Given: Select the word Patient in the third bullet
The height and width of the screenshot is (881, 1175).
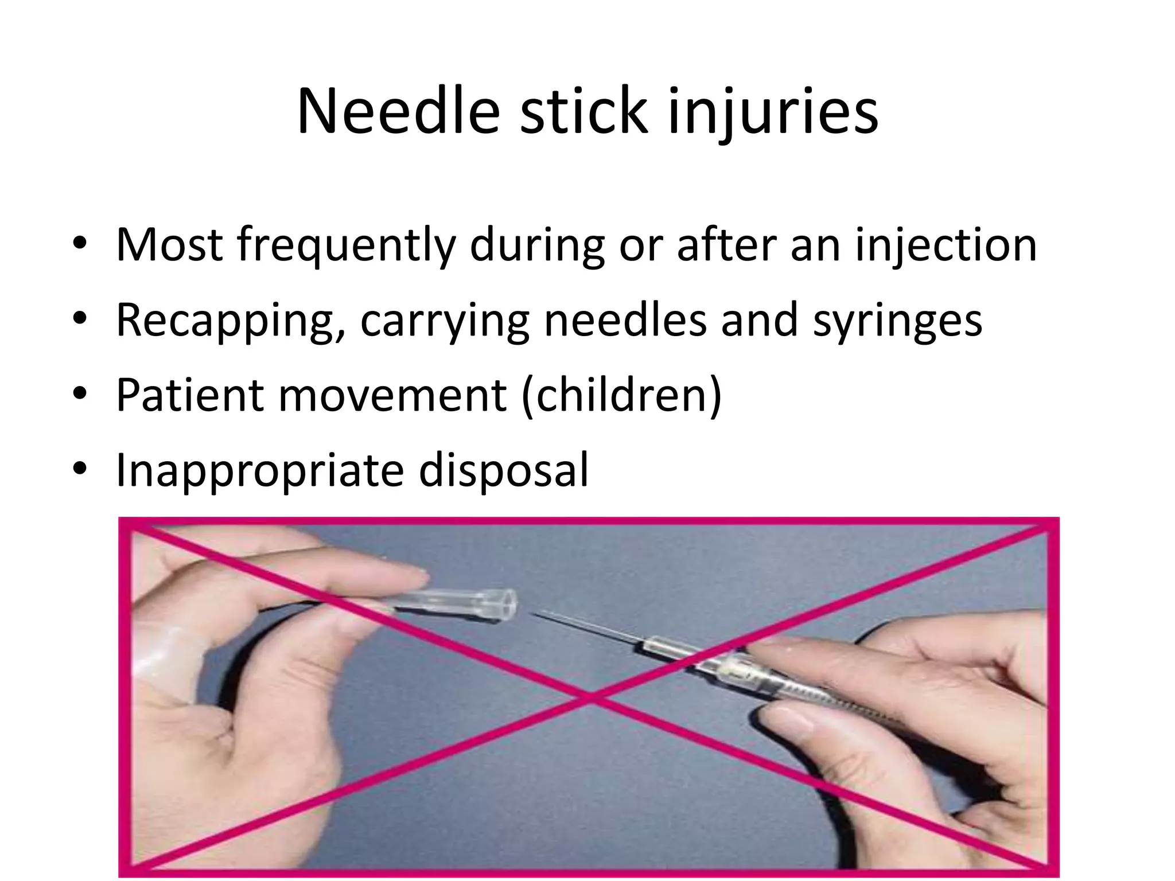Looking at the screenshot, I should coord(190,395).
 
